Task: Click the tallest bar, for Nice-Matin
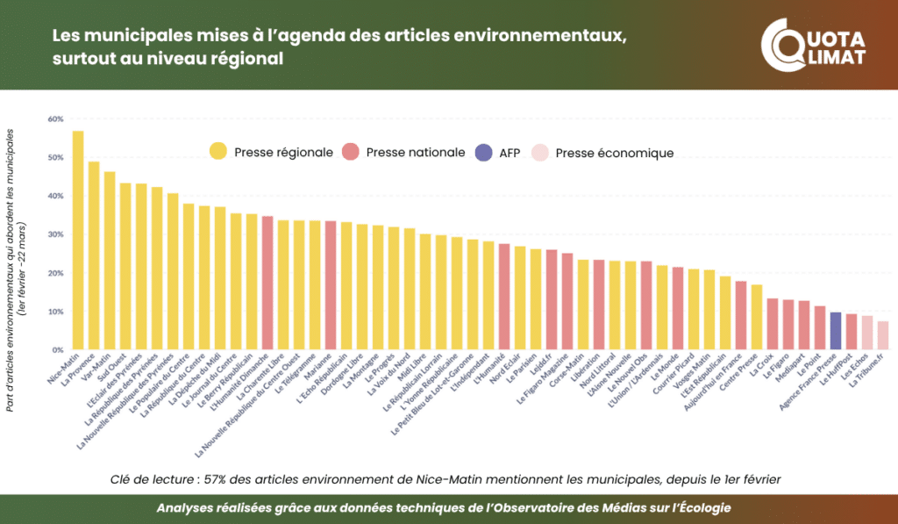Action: point(78,240)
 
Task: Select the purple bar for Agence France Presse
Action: point(836,331)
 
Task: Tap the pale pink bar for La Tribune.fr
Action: point(883,335)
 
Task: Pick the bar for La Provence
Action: point(94,255)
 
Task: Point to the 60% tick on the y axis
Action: point(56,118)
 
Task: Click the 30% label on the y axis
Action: point(56,234)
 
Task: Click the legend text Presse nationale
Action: point(416,152)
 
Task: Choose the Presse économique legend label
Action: point(615,153)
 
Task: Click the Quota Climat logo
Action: point(813,47)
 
